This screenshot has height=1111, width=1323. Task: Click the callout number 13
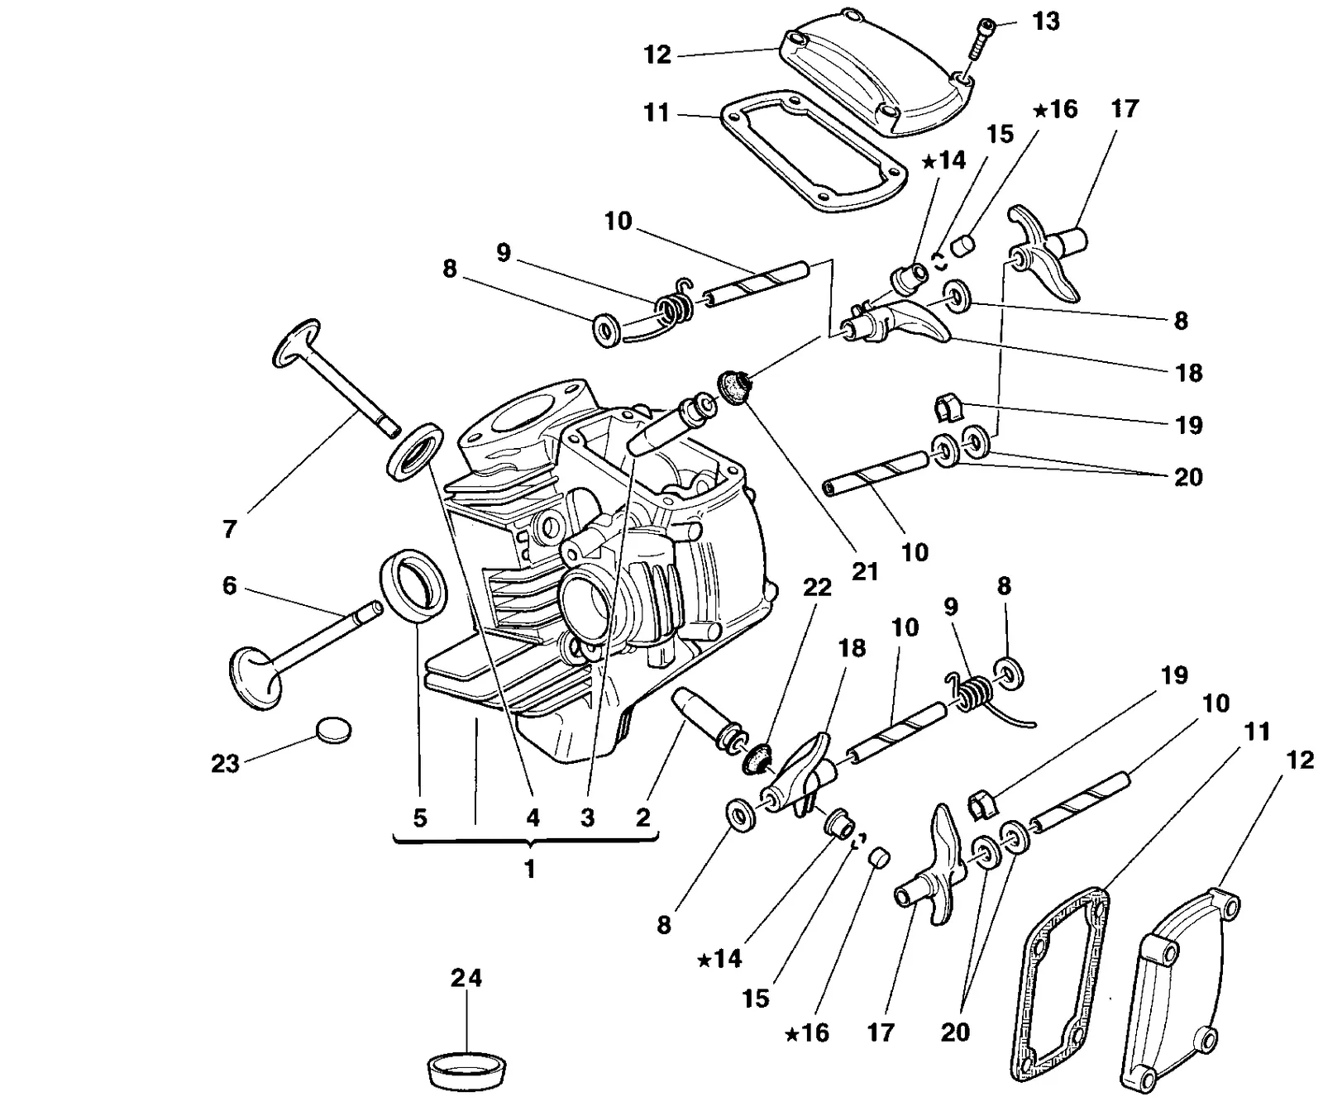pos(1046,21)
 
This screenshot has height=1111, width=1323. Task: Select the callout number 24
pos(466,978)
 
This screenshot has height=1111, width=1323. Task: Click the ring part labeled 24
pos(469,1070)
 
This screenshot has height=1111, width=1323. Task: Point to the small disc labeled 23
pos(334,729)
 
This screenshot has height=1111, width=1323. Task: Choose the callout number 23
pos(225,764)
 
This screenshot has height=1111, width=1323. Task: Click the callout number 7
pos(230,529)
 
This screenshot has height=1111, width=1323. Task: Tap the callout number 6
pos(230,586)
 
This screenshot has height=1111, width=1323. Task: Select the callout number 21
pos(865,571)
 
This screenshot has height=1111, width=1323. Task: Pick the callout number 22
pos(817,588)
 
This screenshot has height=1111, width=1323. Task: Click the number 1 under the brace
pos(529,869)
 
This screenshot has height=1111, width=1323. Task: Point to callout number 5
pos(420,818)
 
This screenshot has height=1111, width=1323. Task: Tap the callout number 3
pos(587,818)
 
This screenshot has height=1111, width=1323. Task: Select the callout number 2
pos(643,818)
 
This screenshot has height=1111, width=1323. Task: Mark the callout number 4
pos(533,818)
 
